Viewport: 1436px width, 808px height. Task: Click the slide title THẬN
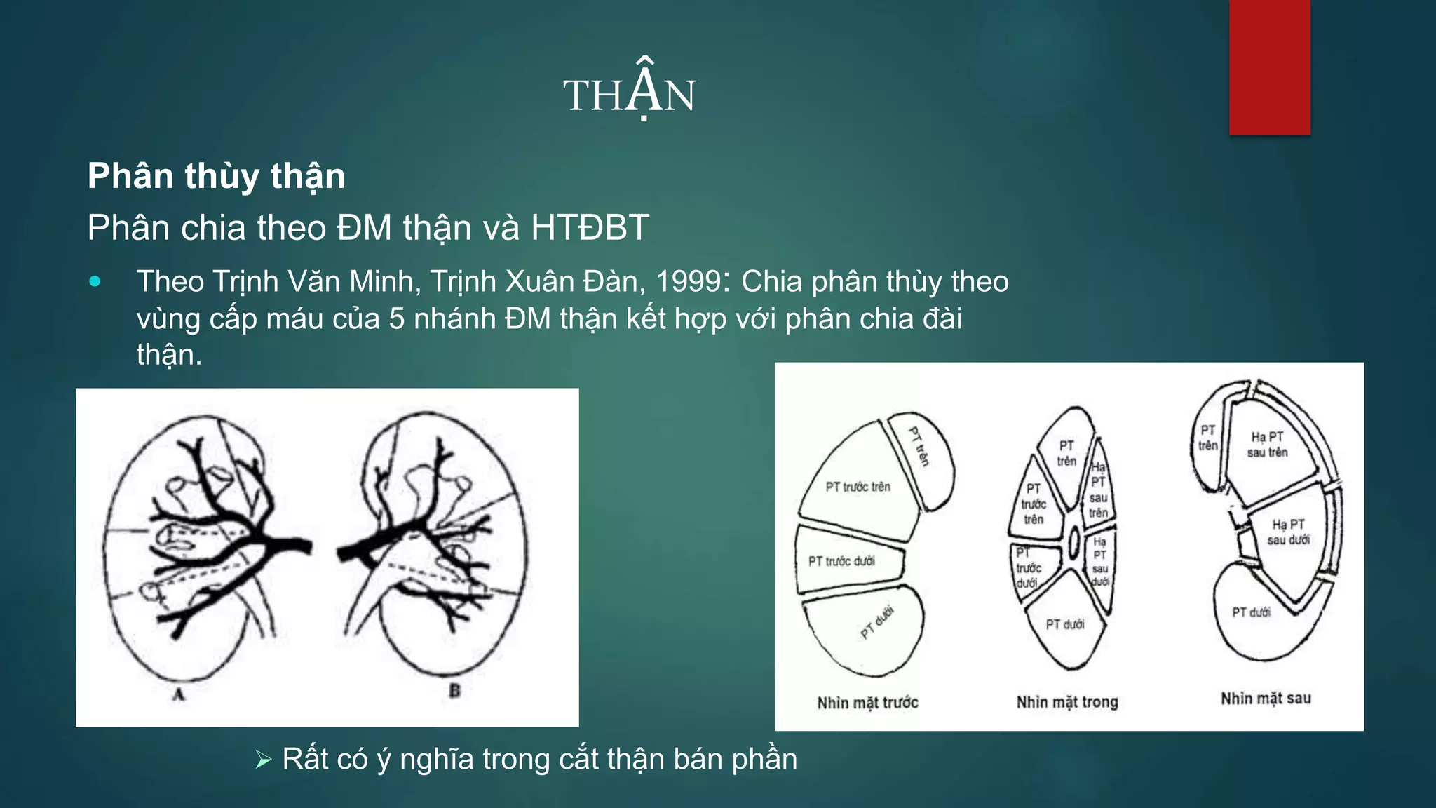pyautogui.click(x=629, y=94)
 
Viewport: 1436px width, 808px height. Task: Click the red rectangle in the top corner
pyautogui.click(x=1269, y=67)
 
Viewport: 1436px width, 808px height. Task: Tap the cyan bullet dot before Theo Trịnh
pyautogui.click(x=95, y=282)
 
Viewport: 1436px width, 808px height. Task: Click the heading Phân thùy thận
pyautogui.click(x=216, y=175)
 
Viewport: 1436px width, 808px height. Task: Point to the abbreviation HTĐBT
pyautogui.click(x=590, y=228)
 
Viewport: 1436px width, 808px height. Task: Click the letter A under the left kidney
pyautogui.click(x=179, y=694)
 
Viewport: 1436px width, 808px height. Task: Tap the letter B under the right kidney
pyautogui.click(x=454, y=691)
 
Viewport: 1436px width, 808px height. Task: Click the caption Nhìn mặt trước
pyautogui.click(x=867, y=702)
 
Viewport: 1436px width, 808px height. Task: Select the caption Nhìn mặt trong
pyautogui.click(x=1067, y=702)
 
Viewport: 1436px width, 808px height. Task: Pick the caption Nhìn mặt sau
pyautogui.click(x=1266, y=699)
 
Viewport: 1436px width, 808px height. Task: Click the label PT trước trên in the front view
pyautogui.click(x=858, y=487)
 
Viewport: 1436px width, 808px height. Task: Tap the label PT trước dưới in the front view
pyautogui.click(x=841, y=561)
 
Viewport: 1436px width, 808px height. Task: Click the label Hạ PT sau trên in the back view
pyautogui.click(x=1267, y=445)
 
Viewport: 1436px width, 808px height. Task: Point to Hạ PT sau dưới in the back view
pyautogui.click(x=1288, y=532)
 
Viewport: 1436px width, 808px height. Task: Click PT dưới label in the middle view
pyautogui.click(x=1064, y=624)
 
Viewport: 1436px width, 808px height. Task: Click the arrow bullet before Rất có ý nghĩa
pyautogui.click(x=264, y=760)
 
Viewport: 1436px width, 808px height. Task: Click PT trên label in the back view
pyautogui.click(x=1207, y=438)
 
